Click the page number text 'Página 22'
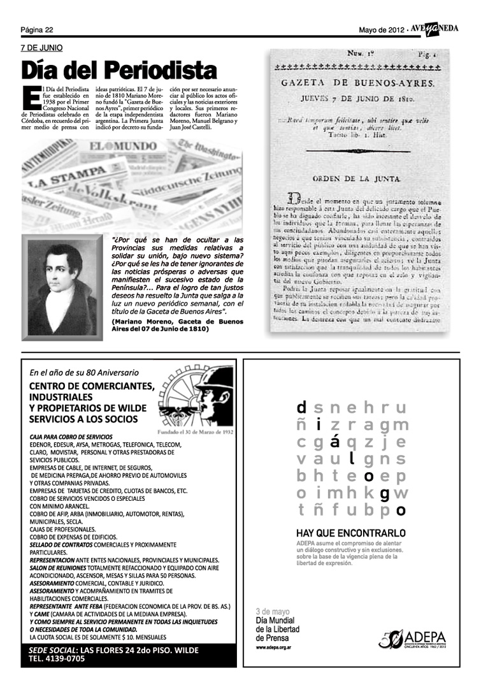36,29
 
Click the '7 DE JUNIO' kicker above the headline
41,48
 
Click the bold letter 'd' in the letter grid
301,407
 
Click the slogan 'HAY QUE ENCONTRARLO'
351,532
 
